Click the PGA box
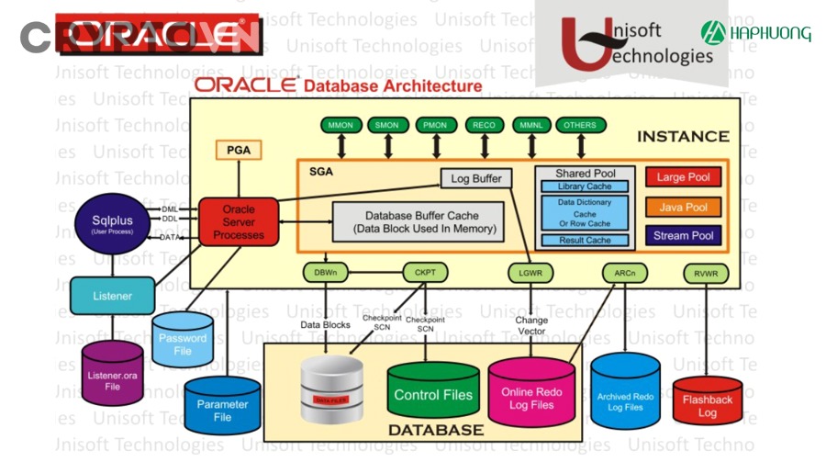click(239, 150)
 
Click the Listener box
click(112, 296)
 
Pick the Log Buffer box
click(476, 178)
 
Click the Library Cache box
click(585, 186)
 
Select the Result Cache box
click(585, 241)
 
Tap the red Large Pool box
click(683, 177)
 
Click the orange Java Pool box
click(683, 208)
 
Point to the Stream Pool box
click(683, 236)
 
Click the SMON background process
click(387, 125)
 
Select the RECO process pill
click(484, 125)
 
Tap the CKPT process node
click(424, 272)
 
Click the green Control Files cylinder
click(433, 393)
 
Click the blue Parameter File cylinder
click(222, 407)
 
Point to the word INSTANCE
click(683, 137)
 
